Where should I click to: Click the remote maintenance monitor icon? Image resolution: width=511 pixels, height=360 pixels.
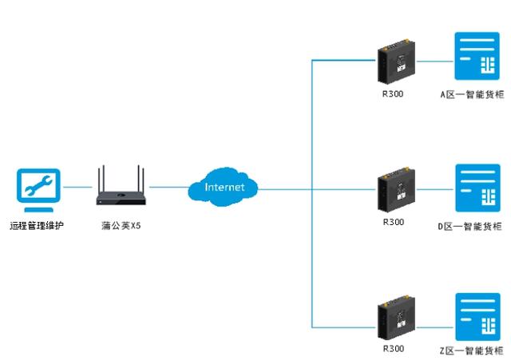pos(38,188)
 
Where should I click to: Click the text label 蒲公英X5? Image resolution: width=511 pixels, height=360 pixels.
pos(121,226)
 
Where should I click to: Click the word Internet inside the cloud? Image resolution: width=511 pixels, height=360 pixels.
pos(224,188)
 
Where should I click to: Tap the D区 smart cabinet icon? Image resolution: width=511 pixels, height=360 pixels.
pos(476,188)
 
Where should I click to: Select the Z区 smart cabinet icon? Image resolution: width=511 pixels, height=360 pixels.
pos(476,317)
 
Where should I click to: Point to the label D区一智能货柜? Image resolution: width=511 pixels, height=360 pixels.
pos(472,226)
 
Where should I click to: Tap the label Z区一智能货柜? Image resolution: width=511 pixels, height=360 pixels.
pos(472,351)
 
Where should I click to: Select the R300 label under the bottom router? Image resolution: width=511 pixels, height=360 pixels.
pos(394,349)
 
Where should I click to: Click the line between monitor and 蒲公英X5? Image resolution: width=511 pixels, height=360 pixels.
pos(78,188)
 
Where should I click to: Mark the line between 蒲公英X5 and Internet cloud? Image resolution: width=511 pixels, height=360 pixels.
pos(168,188)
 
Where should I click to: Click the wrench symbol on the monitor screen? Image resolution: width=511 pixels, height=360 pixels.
pos(38,184)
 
